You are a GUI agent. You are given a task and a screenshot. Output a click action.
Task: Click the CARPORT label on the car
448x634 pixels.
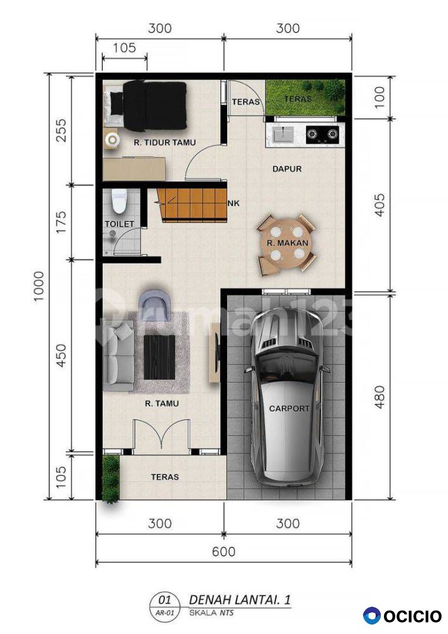coord(289,408)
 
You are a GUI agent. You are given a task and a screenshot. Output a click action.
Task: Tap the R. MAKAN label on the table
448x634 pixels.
coord(287,243)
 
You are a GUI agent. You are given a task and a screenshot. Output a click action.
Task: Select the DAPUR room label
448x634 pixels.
coord(287,169)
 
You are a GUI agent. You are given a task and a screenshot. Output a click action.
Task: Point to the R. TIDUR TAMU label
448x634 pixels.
coord(165,142)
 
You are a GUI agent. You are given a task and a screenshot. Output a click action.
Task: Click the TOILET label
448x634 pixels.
coord(119,224)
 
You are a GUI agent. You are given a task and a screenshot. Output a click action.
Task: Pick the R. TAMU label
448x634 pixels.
coord(161,403)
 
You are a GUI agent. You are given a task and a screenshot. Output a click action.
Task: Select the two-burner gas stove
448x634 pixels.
coord(322,134)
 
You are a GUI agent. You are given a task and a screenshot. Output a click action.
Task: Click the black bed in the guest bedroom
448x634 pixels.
coord(154,106)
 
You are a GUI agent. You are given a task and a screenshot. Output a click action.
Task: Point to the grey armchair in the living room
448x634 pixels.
coord(154,300)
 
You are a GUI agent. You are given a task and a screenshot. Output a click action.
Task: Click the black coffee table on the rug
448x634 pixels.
coord(159,357)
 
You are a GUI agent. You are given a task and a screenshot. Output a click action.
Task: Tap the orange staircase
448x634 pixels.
coord(192,205)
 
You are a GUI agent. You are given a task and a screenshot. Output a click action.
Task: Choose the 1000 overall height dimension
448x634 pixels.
coord(39,287)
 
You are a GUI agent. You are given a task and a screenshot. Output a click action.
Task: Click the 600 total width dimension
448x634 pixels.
coord(223,552)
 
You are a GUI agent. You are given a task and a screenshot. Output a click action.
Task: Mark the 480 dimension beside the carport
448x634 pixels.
coord(379,397)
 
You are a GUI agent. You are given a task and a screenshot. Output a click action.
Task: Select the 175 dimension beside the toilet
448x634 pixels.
coord(61,221)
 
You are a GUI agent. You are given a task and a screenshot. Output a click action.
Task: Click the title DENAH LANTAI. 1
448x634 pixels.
coord(240,599)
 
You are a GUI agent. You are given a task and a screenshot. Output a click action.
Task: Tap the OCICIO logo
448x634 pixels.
coord(402,616)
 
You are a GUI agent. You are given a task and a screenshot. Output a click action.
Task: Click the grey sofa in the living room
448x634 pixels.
coord(118,356)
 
